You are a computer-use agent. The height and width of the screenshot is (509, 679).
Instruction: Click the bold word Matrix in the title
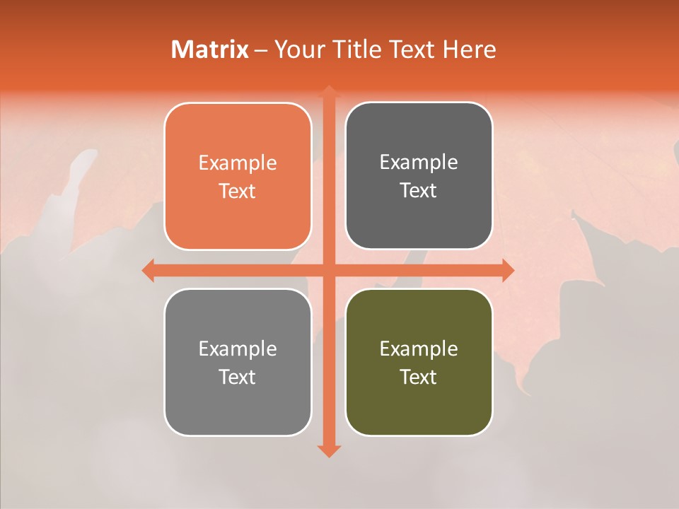tap(210, 49)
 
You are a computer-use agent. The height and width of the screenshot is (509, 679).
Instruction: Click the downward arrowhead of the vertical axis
tap(328, 450)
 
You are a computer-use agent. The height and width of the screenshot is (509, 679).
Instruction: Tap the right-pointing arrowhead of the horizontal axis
tap(508, 270)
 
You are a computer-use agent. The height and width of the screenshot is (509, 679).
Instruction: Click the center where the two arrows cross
tap(328, 270)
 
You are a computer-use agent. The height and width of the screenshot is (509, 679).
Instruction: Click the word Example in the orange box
tap(238, 163)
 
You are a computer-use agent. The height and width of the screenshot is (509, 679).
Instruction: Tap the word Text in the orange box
tap(238, 191)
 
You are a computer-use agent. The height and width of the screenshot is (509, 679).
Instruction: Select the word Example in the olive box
tap(419, 349)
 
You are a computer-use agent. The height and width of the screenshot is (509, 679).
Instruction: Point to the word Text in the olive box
tap(419, 377)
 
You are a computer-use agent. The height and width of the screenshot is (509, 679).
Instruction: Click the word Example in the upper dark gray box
tap(419, 163)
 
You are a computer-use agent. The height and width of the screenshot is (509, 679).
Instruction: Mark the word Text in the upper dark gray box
tap(419, 190)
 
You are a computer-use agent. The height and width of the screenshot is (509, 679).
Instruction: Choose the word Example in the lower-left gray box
tap(238, 349)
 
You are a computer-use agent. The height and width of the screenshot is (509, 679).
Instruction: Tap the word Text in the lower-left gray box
tap(238, 377)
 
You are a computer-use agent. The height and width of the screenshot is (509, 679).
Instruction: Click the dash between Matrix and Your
tap(261, 50)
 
